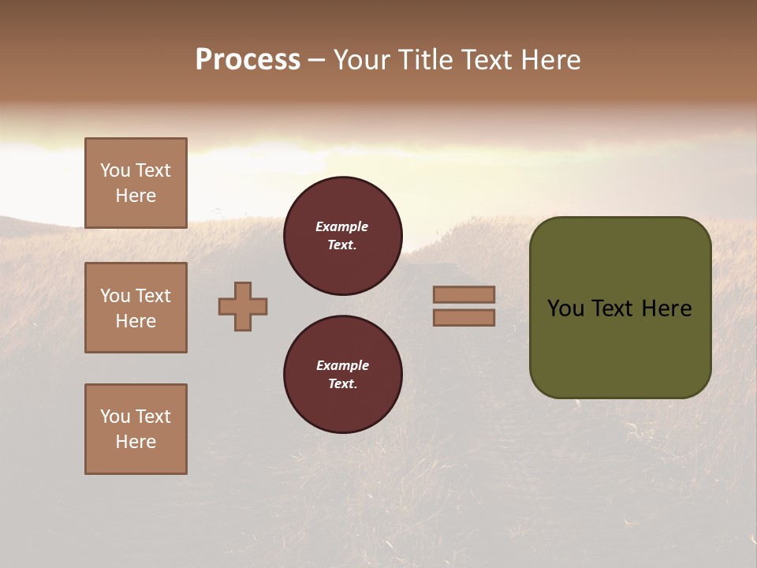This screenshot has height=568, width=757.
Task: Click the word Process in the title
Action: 248,60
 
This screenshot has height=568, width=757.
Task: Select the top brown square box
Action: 136,183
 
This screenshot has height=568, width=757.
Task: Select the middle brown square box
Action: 136,308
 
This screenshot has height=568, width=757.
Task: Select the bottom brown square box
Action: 136,429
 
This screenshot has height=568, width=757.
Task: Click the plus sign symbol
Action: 243,306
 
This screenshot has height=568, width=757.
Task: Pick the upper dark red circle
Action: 343,236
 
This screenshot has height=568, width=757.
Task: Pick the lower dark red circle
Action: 343,375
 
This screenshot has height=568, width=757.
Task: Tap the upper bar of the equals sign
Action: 464,294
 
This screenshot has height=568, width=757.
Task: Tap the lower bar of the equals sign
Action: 464,317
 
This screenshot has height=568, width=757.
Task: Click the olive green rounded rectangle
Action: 620,347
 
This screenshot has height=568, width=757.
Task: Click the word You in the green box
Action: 566,308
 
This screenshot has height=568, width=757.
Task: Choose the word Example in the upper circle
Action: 342,226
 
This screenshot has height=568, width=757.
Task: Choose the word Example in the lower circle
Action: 342,365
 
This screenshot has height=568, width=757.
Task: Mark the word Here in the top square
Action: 136,196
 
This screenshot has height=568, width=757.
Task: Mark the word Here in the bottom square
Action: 136,442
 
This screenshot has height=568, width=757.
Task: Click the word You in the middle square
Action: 115,296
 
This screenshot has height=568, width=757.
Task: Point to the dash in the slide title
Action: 317,61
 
